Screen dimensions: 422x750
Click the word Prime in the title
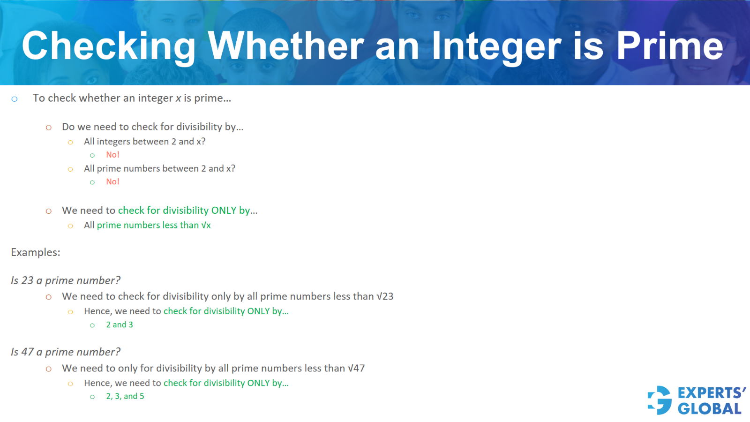(x=669, y=46)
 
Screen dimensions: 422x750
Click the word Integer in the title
(x=496, y=46)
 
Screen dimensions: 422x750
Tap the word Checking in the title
(x=109, y=46)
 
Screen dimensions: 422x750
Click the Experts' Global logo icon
(x=660, y=400)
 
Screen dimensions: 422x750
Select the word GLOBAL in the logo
(x=710, y=409)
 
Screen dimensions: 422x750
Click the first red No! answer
(x=112, y=155)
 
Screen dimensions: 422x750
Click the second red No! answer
(x=112, y=182)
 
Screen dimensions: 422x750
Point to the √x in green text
(x=206, y=226)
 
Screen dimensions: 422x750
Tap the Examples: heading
(x=36, y=252)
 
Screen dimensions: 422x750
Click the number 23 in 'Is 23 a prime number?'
(x=28, y=280)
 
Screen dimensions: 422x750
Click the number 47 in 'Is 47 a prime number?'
(x=28, y=352)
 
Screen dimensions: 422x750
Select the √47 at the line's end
(x=356, y=369)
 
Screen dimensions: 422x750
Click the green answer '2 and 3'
(x=120, y=325)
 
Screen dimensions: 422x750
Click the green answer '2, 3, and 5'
(x=125, y=397)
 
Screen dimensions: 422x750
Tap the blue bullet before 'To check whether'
(x=15, y=99)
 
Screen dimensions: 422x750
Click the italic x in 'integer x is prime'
(x=178, y=98)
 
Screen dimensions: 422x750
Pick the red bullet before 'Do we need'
(x=49, y=128)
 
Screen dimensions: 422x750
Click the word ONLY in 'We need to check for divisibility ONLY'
(x=224, y=211)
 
